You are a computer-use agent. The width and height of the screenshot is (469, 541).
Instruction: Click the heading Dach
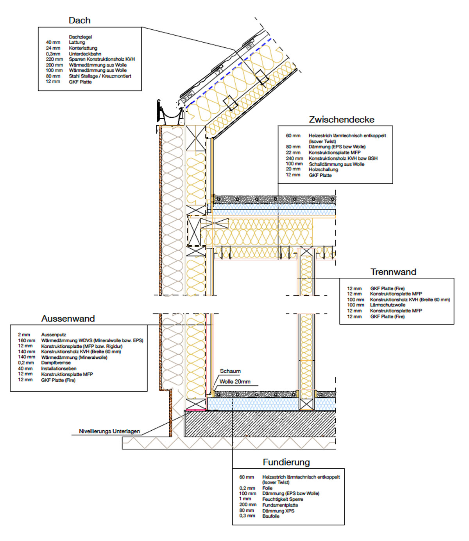pos(79,20)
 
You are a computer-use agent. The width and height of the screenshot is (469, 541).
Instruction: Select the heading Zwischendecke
pos(341,120)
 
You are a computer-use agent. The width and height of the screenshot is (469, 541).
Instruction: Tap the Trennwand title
pos(393,272)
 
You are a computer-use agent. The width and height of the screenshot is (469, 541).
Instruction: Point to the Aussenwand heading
pos(68,319)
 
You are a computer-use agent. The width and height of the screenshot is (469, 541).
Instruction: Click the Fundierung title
pos(286,462)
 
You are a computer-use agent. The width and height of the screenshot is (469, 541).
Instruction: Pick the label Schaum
pos(230,371)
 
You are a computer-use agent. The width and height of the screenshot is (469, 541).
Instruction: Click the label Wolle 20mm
pos(235,382)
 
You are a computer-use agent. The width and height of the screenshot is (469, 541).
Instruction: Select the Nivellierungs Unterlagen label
pos(109,431)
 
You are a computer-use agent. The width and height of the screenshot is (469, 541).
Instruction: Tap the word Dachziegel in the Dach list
pos(80,37)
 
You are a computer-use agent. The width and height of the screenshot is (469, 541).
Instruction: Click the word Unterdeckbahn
pos(85,54)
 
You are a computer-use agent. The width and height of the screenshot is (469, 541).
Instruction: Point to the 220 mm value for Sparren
pos(54,59)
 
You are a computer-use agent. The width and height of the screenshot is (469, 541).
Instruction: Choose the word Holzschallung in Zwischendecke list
pos(323,170)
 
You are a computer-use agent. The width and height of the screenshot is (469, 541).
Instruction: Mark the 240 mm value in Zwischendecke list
pos(294,158)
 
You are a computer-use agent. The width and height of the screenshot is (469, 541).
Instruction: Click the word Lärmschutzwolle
pos(387,305)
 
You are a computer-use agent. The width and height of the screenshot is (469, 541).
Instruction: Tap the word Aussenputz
pos(54,335)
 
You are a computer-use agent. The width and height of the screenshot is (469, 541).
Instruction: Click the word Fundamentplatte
pos(280,505)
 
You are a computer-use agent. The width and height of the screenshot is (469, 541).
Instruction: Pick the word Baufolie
pos(271,516)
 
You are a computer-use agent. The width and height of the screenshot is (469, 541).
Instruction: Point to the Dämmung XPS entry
pos(278,511)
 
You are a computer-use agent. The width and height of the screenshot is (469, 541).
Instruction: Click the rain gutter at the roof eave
pos(170,113)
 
